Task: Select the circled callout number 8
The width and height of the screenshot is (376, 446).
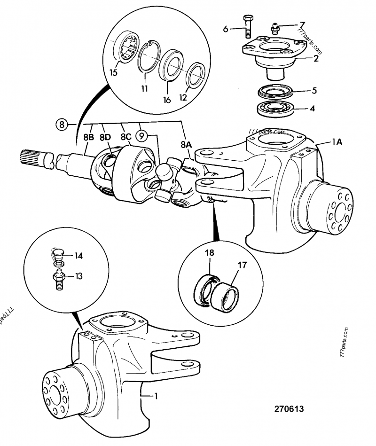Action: pyautogui.click(x=62, y=125)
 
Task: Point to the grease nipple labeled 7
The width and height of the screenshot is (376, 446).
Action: pyautogui.click(x=274, y=29)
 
